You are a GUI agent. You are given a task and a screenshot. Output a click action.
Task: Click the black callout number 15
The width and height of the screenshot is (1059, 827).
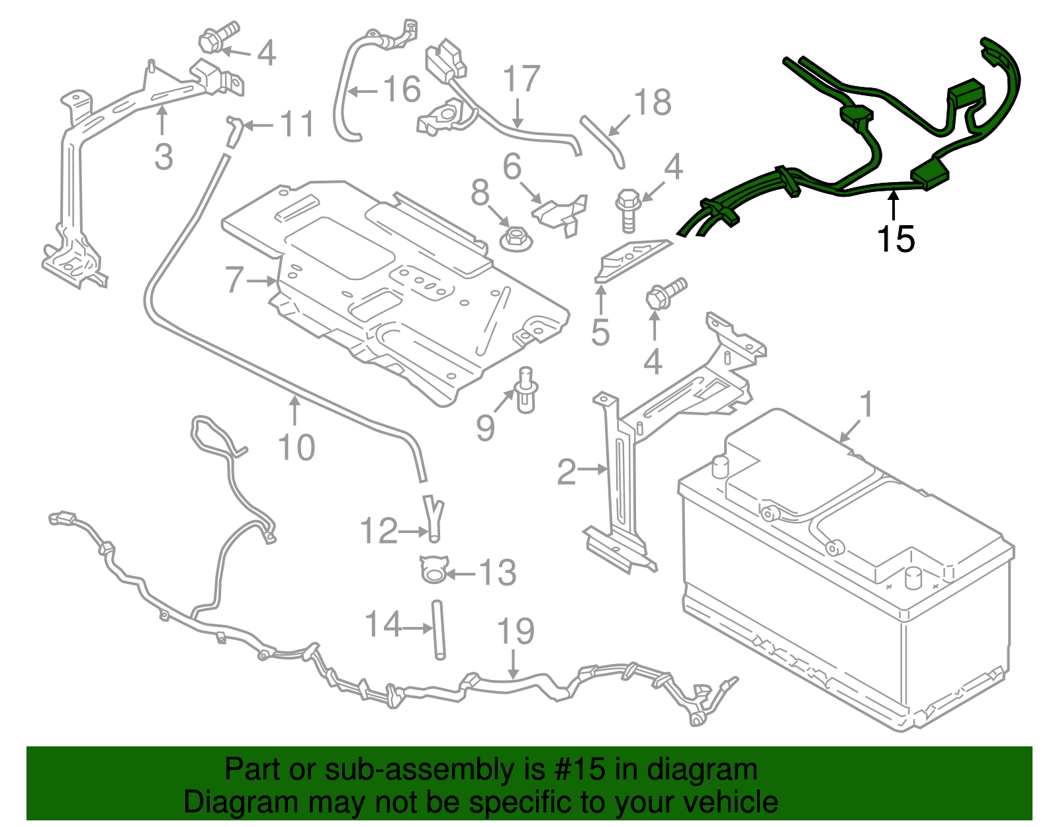point(896,239)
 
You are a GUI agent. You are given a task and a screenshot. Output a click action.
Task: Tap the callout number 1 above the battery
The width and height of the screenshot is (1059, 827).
point(866,405)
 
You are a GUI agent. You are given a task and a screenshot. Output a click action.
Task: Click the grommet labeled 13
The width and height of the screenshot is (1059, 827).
point(432,569)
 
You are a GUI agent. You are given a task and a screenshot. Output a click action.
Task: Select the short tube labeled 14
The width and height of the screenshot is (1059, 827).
point(439,630)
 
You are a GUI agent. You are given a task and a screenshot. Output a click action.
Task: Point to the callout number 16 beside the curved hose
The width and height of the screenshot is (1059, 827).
point(402,89)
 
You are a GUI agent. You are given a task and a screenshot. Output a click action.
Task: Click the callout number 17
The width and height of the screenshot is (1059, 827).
point(522,79)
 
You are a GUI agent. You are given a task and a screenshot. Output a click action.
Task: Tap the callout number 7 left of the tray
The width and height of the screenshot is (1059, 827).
point(234,279)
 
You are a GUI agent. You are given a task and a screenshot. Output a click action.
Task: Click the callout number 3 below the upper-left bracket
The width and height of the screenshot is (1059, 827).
point(163,157)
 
